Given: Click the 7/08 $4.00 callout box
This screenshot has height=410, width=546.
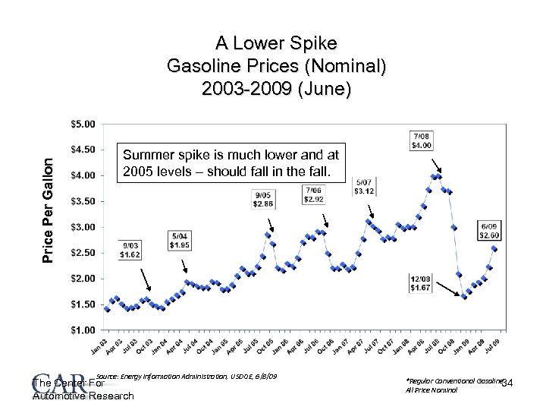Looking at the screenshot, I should pyautogui.click(x=422, y=140).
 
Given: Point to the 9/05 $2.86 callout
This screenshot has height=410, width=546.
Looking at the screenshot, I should pyautogui.click(x=265, y=199).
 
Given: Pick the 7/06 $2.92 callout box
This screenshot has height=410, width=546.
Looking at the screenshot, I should pyautogui.click(x=314, y=194).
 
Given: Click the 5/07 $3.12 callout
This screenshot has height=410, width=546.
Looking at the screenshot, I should pyautogui.click(x=364, y=185).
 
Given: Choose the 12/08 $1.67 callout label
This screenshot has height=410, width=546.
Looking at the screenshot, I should pyautogui.click(x=420, y=282).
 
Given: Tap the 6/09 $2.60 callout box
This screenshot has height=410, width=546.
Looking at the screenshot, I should pyautogui.click(x=489, y=230).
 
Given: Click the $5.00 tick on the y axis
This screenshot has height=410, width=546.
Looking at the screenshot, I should pyautogui.click(x=83, y=123).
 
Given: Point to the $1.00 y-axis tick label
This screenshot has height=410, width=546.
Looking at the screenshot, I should pyautogui.click(x=83, y=330).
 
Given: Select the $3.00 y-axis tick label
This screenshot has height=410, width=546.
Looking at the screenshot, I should pyautogui.click(x=83, y=226).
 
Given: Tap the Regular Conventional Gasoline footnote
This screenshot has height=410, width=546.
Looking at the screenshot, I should pyautogui.click(x=456, y=380).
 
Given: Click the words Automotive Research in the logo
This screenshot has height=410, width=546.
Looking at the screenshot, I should pyautogui.click(x=83, y=396).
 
